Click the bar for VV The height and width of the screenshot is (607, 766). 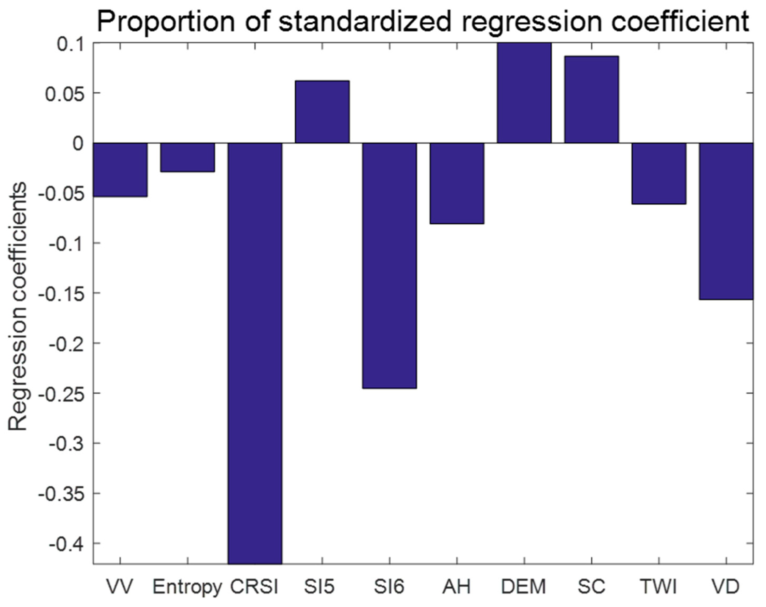[120, 170]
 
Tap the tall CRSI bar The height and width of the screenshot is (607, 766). [255, 352]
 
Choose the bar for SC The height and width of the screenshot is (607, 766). [592, 100]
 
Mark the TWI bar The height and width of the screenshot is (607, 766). [659, 173]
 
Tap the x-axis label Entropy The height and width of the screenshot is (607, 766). [187, 587]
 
